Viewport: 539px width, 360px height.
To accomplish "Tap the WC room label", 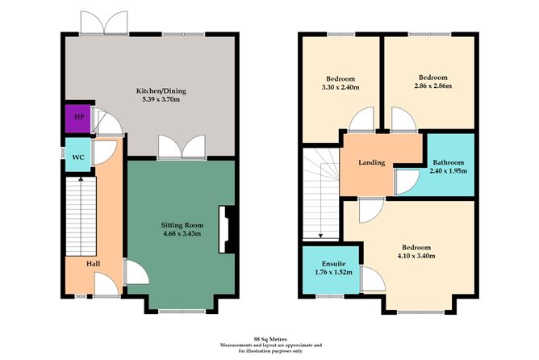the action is tap(78, 157).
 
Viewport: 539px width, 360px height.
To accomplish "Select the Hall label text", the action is tap(93, 264).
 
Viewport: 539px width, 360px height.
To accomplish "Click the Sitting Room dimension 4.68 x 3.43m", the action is tap(182, 234).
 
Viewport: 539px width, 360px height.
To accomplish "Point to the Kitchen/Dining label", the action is tap(161, 91).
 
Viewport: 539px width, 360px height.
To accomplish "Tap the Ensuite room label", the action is tap(334, 264).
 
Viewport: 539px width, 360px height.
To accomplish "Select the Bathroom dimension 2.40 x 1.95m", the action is tap(449, 171).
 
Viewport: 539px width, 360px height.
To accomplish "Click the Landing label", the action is tap(372, 162).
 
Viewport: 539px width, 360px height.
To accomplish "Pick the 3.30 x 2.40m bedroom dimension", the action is tap(341, 87).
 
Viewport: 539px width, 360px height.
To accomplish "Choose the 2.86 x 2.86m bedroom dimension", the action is tap(432, 86).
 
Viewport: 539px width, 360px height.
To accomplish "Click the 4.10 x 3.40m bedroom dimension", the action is tap(416, 256).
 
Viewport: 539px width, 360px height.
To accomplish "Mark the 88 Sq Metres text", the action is tap(270, 339).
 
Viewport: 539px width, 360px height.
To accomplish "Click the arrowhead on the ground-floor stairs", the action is tap(81, 179).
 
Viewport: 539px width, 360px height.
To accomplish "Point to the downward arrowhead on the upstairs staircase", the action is tap(320, 236).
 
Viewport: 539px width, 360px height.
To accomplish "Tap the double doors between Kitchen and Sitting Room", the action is tap(182, 147).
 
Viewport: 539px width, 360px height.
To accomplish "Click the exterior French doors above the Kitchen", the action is tap(104, 23).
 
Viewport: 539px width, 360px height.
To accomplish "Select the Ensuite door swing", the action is tap(373, 279).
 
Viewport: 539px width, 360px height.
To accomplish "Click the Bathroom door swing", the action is tap(407, 182).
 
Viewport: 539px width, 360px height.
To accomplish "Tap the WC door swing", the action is tap(105, 153).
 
